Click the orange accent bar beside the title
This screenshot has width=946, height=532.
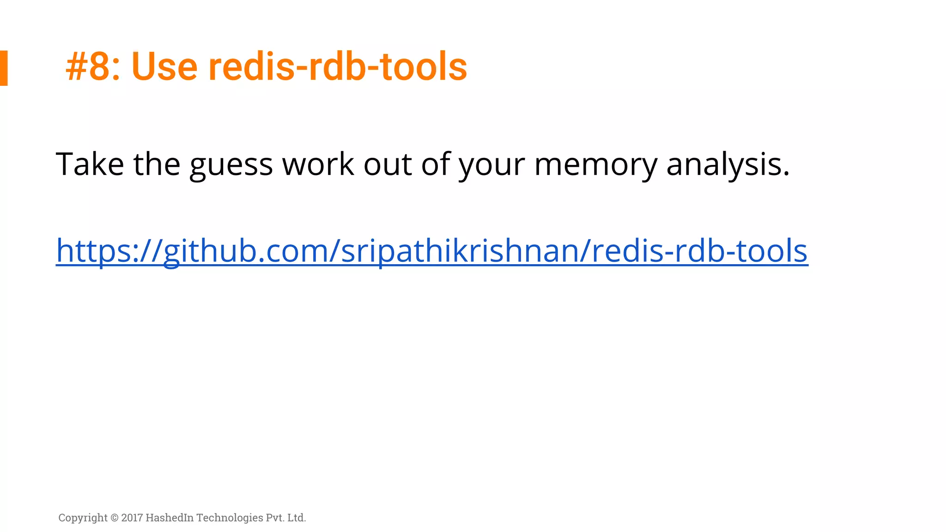pos(4,68)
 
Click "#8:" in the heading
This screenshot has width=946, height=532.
pos(93,67)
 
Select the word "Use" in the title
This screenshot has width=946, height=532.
pos(164,67)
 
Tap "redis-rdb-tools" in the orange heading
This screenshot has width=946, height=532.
pos(337,67)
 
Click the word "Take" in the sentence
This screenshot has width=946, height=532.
pos(90,164)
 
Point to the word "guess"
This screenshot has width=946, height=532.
pos(231,165)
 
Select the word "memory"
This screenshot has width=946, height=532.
pos(595,165)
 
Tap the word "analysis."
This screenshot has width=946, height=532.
pos(728,165)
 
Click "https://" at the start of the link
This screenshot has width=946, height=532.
pos(109,251)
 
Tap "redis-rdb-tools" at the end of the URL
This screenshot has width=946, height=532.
pos(699,251)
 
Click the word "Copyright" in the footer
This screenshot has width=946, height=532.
pos(83,518)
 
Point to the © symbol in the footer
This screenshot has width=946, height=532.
pos(115,518)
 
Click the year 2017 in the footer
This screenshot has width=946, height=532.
pos(132,518)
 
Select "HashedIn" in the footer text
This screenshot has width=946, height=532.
pos(170,518)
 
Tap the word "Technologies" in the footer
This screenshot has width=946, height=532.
pos(230,518)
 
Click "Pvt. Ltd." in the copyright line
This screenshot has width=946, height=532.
pos(286,518)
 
